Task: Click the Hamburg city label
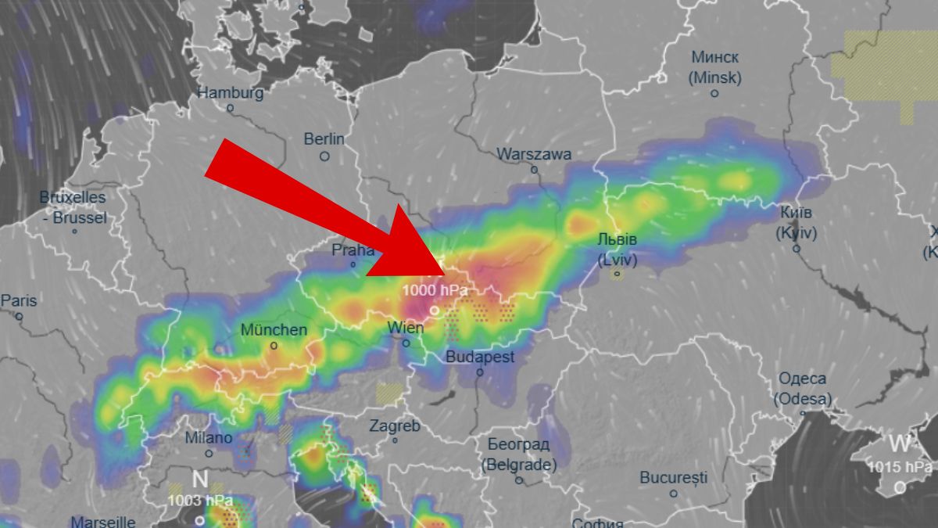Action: point(231,92)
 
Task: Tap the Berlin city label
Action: point(324,139)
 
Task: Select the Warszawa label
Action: point(534,154)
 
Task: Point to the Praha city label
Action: point(353,250)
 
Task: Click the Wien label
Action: point(406,328)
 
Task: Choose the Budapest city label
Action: point(480,357)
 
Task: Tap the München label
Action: point(274,330)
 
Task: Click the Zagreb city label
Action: point(395,426)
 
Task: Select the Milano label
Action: point(209,438)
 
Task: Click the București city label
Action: point(673,477)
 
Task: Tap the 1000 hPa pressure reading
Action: point(435,291)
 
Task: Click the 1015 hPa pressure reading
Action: point(899,467)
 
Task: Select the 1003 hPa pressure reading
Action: point(200,500)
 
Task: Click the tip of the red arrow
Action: point(446,275)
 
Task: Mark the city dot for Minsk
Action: point(714,93)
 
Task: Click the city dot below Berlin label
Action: point(324,156)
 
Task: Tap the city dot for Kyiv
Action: point(797,249)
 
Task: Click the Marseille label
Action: point(103,521)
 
